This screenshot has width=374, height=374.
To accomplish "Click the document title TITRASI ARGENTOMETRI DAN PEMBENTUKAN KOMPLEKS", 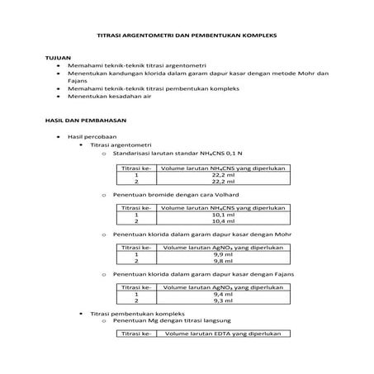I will click(187, 38).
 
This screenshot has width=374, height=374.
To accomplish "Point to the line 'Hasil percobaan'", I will click(93, 135).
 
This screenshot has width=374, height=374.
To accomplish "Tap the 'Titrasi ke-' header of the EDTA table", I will click(136, 334).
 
